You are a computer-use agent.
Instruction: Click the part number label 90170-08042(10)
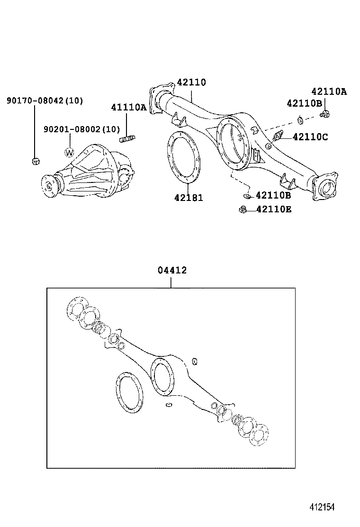click(x=45, y=100)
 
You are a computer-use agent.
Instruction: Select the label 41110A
click(x=129, y=107)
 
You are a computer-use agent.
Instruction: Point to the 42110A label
click(x=329, y=92)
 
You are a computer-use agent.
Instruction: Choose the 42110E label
click(x=274, y=209)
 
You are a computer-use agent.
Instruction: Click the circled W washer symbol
click(x=70, y=153)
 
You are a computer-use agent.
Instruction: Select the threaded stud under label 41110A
click(x=128, y=139)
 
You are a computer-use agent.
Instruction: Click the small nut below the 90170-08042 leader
click(x=35, y=161)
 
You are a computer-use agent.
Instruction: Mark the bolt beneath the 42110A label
click(x=325, y=113)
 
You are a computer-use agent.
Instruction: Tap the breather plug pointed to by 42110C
click(x=279, y=136)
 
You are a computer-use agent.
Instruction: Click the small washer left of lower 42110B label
click(x=246, y=195)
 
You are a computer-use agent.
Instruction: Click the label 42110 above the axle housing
click(x=191, y=82)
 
